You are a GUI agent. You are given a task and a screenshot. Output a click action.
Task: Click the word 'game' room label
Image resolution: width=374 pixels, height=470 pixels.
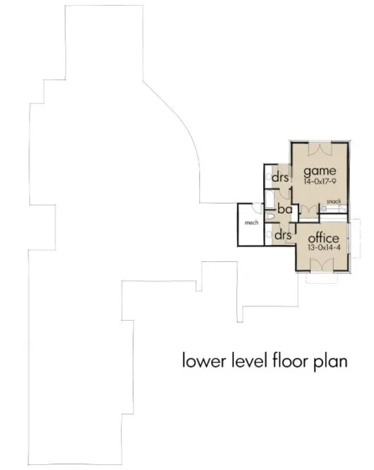tap(320, 171)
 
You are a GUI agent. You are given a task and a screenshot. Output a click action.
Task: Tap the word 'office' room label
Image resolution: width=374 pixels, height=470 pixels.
tap(322, 237)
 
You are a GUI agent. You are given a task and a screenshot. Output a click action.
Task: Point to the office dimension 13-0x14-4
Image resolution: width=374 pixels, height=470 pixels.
tap(322, 248)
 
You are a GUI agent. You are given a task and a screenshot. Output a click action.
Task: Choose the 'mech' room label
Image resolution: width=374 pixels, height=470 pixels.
tap(249, 222)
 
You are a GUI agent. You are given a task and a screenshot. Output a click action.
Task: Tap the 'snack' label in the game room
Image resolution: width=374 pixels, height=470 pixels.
tap(334, 202)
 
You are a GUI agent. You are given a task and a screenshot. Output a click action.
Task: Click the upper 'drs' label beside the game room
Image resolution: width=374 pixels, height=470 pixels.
tap(280, 177)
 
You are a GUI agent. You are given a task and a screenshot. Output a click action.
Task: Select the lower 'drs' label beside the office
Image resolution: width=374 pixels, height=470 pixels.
tap(284, 234)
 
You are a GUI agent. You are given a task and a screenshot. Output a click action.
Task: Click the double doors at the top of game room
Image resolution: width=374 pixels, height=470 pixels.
tap(320, 149)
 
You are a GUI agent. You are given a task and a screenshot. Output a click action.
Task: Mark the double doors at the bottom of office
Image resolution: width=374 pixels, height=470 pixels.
tap(322, 264)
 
